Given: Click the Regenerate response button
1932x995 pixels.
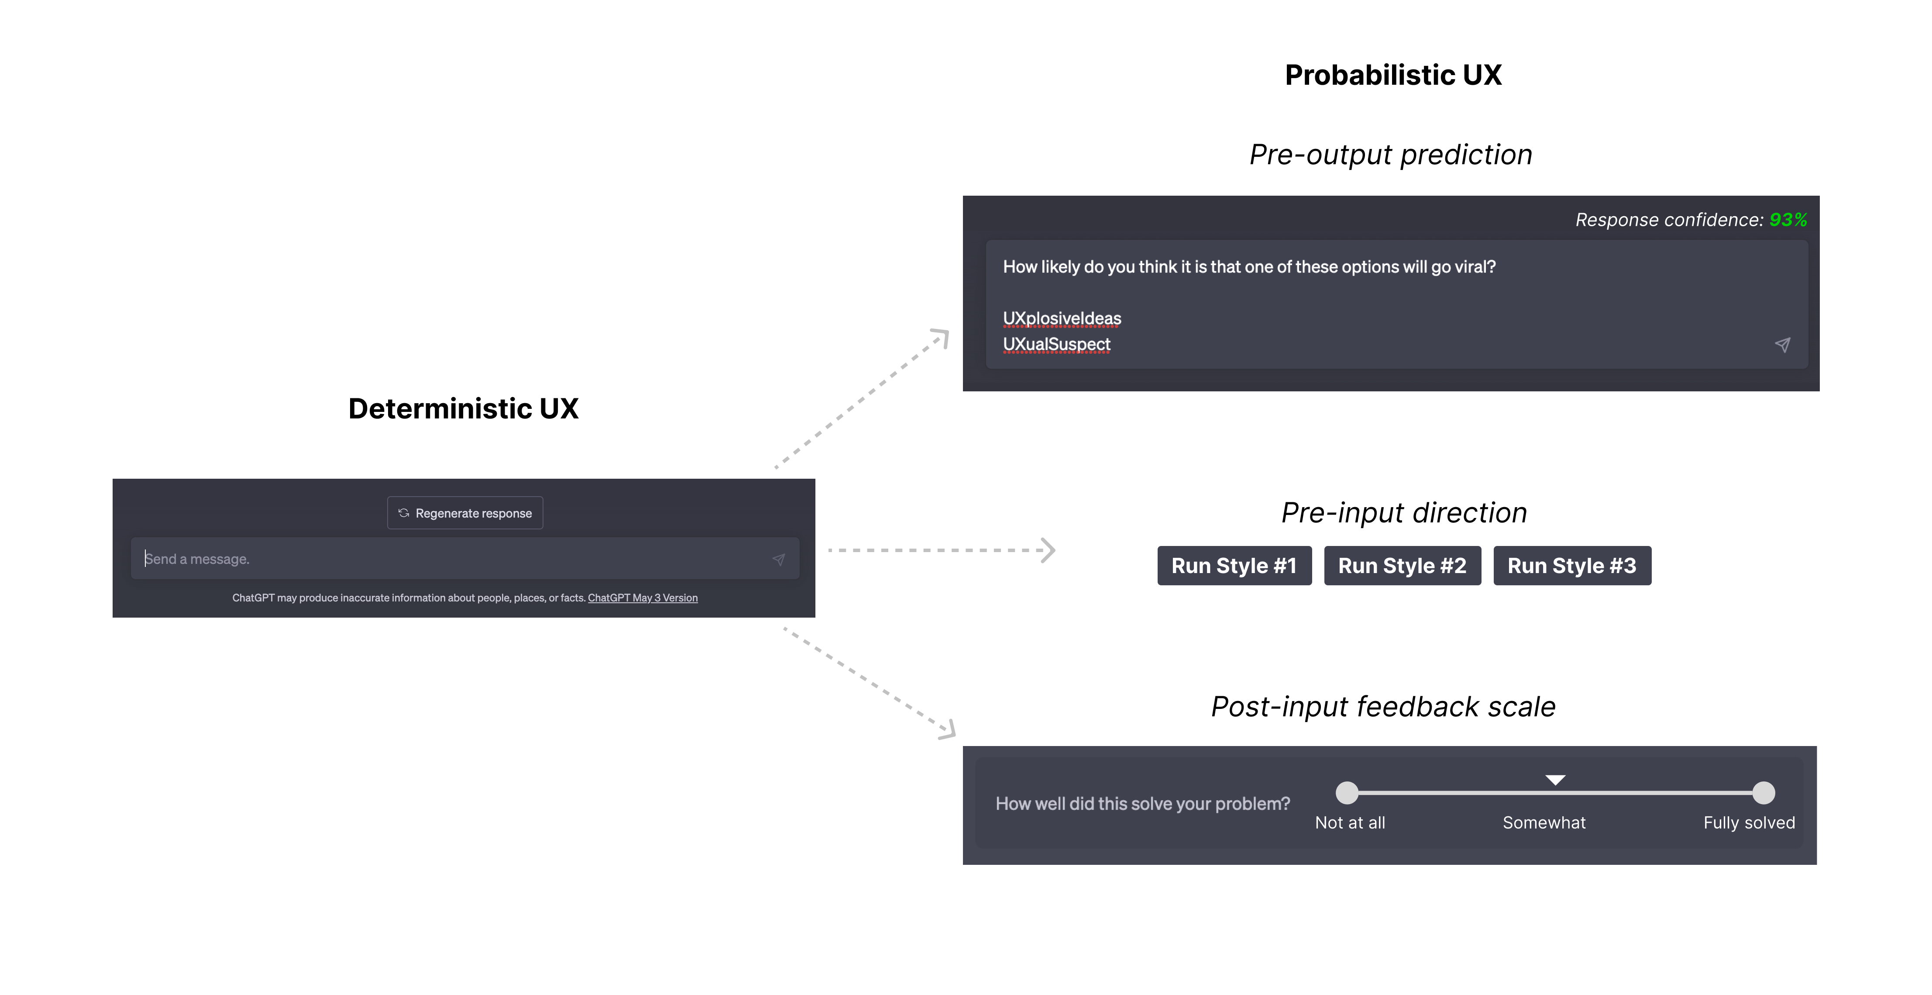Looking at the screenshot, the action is [x=465, y=513].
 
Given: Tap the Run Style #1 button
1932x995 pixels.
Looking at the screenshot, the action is [x=1234, y=566].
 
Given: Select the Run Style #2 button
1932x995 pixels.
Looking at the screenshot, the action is [x=1402, y=566].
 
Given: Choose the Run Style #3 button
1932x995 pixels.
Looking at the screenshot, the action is [x=1571, y=566].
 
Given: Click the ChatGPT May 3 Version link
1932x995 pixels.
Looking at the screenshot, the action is [x=642, y=598].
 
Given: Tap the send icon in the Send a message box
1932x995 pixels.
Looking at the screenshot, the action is [x=778, y=560].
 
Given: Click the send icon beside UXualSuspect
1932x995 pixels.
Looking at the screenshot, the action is [x=1782, y=345].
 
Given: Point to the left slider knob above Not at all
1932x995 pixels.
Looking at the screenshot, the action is [x=1347, y=792].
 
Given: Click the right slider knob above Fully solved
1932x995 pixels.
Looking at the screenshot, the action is [x=1763, y=792].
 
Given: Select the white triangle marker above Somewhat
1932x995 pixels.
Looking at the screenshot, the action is [x=1555, y=780].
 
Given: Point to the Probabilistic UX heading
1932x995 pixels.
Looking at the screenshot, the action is [x=1393, y=75].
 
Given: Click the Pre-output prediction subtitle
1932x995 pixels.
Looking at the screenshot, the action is [x=1390, y=155].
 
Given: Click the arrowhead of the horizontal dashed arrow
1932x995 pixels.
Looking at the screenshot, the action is [x=1049, y=550].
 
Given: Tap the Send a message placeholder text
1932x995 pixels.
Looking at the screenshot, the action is [x=197, y=559].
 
